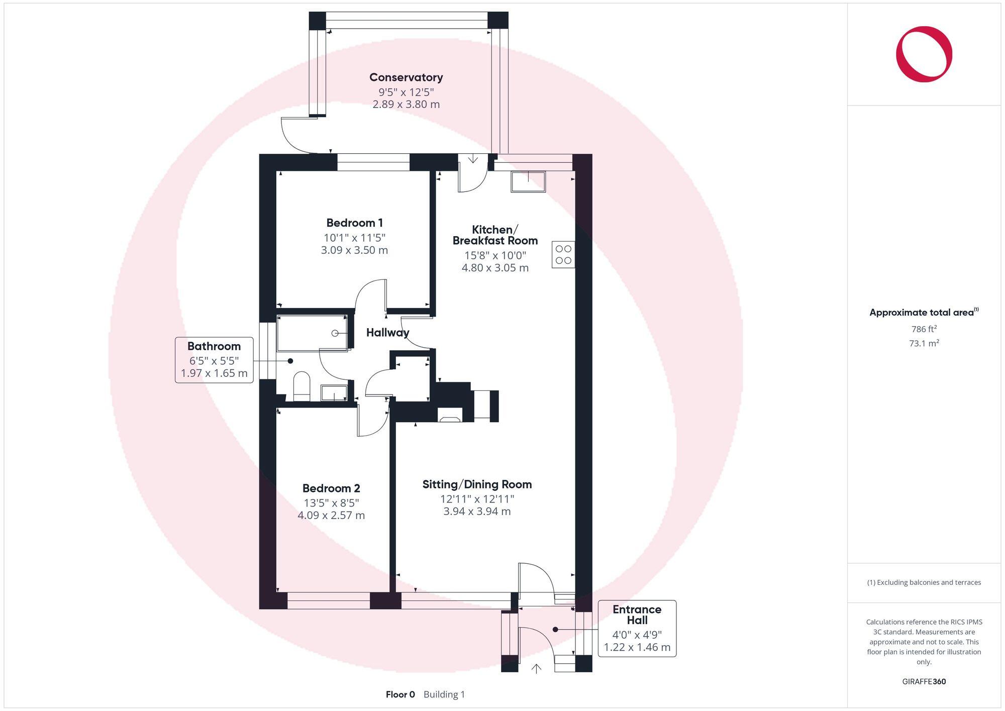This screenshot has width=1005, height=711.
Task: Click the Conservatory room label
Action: click(406, 77)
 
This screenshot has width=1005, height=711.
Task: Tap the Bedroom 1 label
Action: click(354, 223)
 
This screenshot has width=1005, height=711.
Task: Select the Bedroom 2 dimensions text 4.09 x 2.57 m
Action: click(331, 515)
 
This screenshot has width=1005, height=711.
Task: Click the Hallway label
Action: click(387, 333)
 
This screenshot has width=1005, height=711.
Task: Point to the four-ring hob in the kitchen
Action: click(563, 254)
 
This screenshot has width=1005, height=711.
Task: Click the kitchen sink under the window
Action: click(528, 181)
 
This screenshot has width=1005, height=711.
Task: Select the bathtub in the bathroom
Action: click(312, 333)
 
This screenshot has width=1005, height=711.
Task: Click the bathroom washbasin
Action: click(334, 392)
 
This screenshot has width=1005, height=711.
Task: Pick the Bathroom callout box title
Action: click(214, 346)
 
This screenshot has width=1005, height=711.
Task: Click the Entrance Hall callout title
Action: click(637, 615)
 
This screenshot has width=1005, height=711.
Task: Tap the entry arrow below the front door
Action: click(536, 669)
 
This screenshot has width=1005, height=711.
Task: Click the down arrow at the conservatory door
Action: click(473, 159)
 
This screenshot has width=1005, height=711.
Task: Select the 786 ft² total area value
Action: click(924, 329)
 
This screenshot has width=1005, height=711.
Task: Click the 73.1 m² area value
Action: click(924, 343)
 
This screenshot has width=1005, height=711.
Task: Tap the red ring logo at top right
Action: click(924, 54)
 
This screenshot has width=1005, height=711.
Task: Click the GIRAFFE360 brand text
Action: click(924, 681)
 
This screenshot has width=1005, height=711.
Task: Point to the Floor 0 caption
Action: click(400, 694)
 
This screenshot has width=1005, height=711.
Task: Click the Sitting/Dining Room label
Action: click(477, 484)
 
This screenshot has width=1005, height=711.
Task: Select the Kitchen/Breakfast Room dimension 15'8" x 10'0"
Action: click(495, 255)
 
